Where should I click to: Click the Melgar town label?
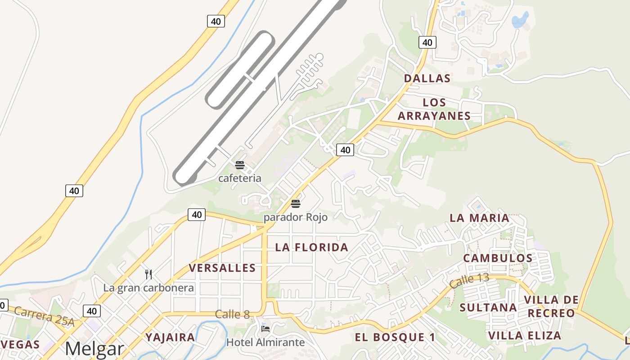coord(94,349)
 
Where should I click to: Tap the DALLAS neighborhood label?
coord(427,78)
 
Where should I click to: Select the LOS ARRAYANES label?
coord(434,109)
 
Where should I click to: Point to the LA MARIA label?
coord(479,218)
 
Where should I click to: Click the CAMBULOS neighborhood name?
coord(498,258)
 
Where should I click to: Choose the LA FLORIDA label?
coord(311,247)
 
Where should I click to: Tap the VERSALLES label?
coord(222,268)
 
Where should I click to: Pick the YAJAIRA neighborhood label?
coord(170,337)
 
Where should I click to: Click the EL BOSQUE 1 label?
coord(395,337)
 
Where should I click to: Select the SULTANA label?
coord(488,308)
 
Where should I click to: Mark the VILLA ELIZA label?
coord(525,336)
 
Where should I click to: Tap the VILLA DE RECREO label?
coord(551,306)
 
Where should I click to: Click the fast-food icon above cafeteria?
coord(240,165)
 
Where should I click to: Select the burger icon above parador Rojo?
coord(295,204)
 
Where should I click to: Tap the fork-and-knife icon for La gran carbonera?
coord(148,274)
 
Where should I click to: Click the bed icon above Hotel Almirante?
coord(265,329)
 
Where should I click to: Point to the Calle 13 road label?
coord(469,280)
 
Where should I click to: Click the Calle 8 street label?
coord(232,315)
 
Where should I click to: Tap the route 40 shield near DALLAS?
coord(427,43)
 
